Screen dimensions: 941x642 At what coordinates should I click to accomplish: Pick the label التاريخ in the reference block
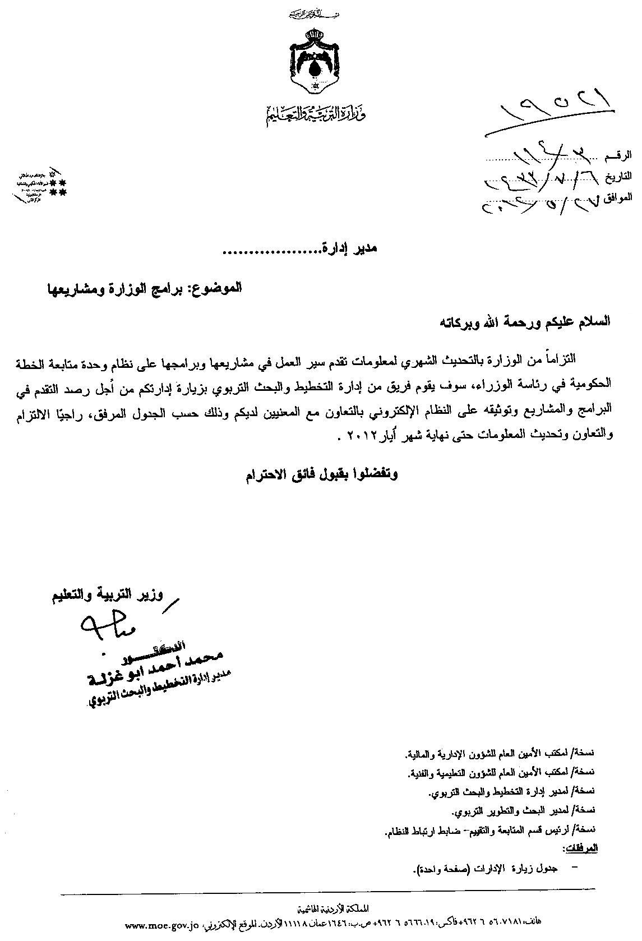617,176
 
